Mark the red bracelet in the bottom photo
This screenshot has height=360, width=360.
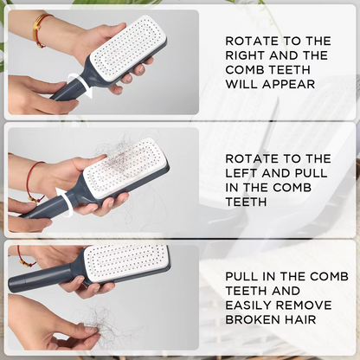(22, 256)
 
